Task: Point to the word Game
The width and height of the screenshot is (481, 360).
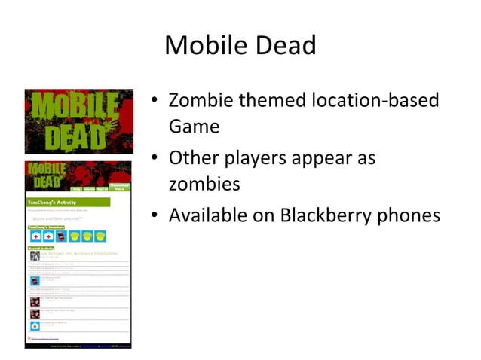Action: (194, 126)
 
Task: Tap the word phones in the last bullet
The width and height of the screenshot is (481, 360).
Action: (414, 216)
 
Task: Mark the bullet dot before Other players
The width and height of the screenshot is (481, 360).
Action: (155, 159)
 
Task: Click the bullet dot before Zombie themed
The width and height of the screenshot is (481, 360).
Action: (155, 101)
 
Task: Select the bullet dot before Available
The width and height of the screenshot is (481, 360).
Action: (155, 217)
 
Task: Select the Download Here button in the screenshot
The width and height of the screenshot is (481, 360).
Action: (119, 186)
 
